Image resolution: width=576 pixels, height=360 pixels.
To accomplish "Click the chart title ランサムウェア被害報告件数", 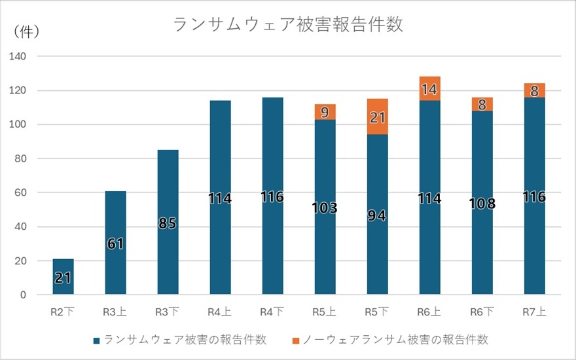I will pyautogui.click(x=287, y=25).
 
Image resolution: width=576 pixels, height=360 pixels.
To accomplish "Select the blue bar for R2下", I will pyautogui.click(x=63, y=277).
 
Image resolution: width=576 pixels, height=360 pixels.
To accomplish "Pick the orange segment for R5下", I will pyautogui.click(x=377, y=117).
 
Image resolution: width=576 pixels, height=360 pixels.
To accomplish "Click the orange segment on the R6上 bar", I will pyautogui.click(x=429, y=89).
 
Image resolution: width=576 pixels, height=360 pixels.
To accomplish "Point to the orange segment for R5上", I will pyautogui.click(x=325, y=112).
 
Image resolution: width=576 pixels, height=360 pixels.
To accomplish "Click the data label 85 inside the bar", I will pyautogui.click(x=168, y=223).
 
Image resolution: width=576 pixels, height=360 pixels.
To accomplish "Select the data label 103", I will pyautogui.click(x=325, y=208).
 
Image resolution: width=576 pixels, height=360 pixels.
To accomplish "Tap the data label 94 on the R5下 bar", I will pyautogui.click(x=377, y=215).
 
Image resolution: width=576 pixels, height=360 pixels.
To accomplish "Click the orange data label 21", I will pyautogui.click(x=377, y=118).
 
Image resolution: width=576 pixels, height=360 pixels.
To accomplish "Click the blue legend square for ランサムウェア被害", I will pyautogui.click(x=97, y=340).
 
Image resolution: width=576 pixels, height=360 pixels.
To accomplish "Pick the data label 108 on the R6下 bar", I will pyautogui.click(x=482, y=204).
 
